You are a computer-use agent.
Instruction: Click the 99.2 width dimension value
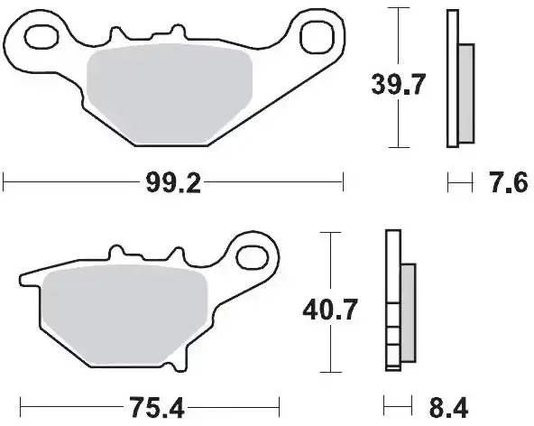[173, 182]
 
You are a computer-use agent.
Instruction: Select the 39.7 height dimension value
[398, 84]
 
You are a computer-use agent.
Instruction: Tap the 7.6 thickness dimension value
[509, 182]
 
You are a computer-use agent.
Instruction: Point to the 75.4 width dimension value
[156, 408]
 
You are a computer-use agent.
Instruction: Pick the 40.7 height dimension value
[330, 310]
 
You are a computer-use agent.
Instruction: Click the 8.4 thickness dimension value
[448, 408]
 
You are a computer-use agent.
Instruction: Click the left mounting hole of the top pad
[41, 36]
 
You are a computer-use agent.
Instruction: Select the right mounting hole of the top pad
[317, 38]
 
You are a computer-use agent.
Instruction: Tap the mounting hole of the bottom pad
[253, 258]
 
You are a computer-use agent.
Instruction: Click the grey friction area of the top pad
[170, 93]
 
